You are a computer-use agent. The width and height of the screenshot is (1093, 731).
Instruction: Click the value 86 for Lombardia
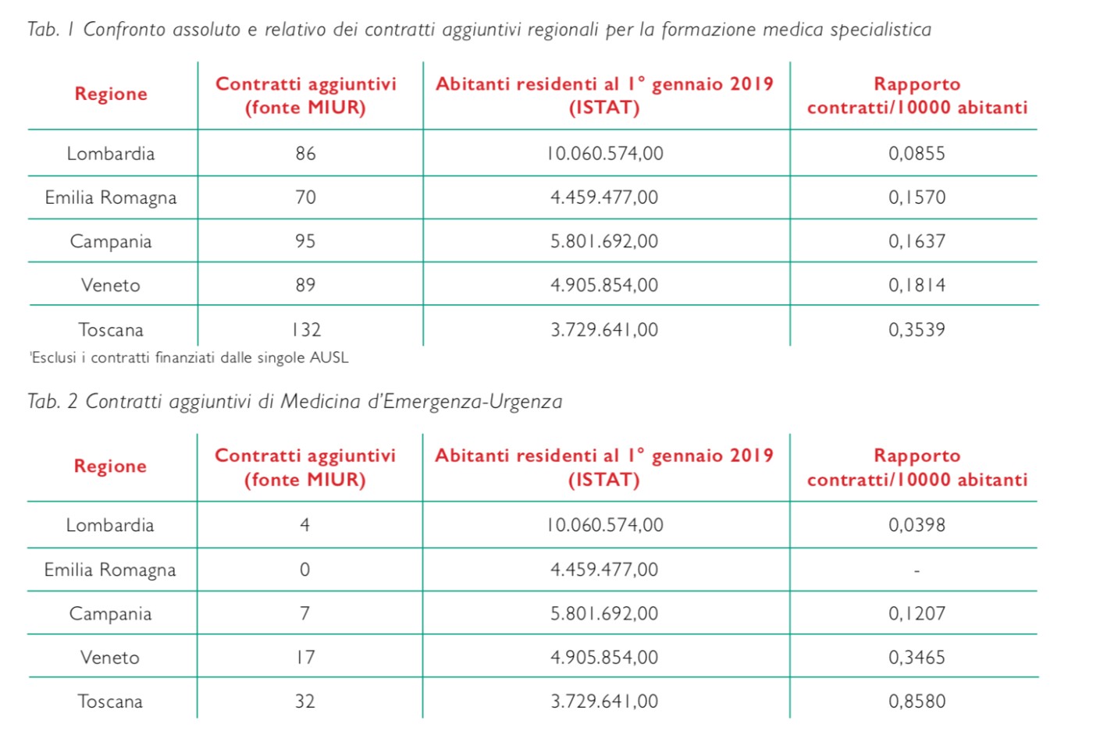click(305, 154)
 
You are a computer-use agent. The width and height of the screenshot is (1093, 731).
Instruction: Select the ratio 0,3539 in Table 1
click(917, 330)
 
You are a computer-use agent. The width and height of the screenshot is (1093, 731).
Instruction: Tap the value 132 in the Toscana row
click(306, 330)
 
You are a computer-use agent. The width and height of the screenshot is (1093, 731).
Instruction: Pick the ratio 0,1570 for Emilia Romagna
click(917, 197)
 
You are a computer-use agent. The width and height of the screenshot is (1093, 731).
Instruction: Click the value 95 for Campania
click(305, 241)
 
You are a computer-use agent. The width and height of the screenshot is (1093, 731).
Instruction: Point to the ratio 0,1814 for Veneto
click(917, 285)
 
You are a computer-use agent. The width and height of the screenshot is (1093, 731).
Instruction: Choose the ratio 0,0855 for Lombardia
click(917, 154)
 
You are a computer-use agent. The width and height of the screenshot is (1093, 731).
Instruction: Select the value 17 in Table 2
click(305, 658)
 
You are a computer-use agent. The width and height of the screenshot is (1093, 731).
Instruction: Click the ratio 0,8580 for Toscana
click(917, 701)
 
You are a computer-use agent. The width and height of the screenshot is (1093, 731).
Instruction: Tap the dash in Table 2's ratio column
click(917, 570)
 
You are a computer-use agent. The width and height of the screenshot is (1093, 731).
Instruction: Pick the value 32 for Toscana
click(305, 701)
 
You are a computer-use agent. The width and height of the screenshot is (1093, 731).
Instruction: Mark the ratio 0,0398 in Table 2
click(917, 525)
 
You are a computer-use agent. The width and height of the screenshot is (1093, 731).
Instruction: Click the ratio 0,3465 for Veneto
click(917, 658)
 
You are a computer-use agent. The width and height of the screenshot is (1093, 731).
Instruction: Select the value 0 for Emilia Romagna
click(305, 570)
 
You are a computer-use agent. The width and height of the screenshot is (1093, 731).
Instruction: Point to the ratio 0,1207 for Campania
click(917, 613)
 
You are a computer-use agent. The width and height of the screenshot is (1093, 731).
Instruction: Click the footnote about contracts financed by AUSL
click(189, 358)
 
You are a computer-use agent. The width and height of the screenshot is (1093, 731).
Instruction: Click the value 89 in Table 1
click(305, 285)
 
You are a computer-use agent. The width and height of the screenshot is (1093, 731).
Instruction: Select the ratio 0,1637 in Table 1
click(917, 241)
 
